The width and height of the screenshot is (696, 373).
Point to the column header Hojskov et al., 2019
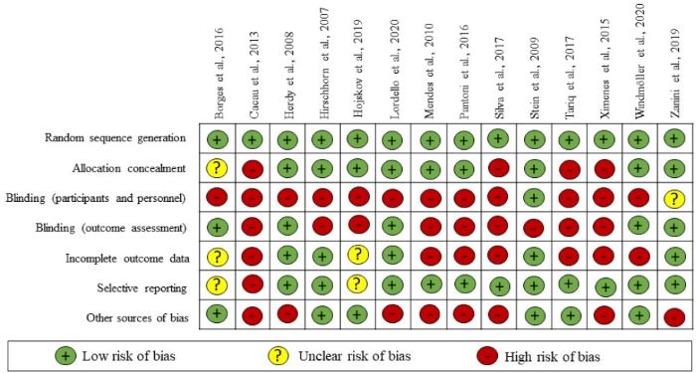[357, 60]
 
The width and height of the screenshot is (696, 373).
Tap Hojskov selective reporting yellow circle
[358, 287]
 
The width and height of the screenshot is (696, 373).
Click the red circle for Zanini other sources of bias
[673, 318]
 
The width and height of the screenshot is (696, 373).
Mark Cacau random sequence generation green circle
[253, 140]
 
